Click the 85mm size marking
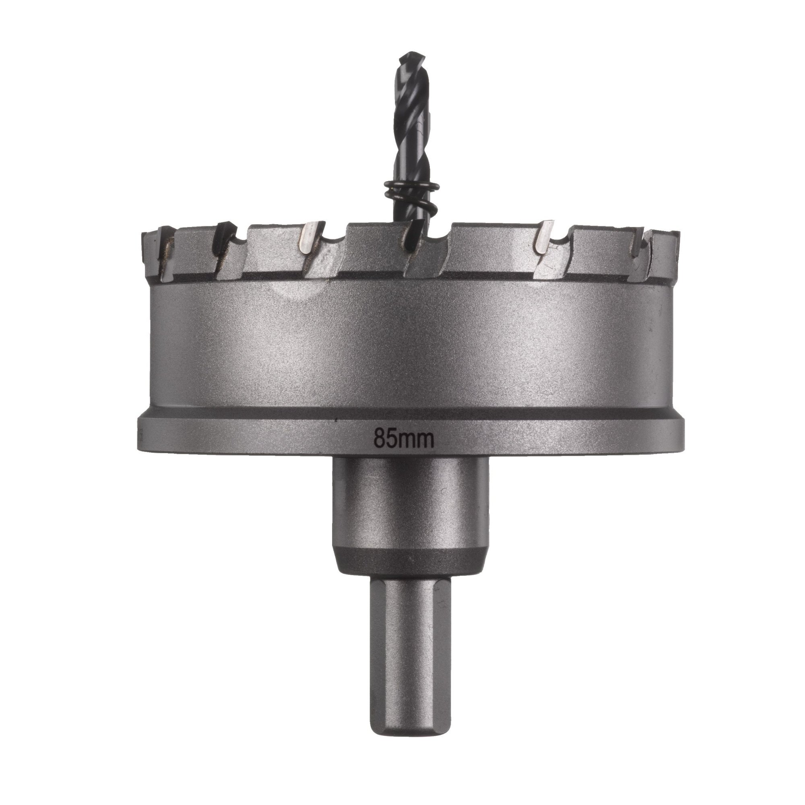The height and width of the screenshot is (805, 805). [404, 438]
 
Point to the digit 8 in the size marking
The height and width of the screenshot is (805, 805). [379, 438]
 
